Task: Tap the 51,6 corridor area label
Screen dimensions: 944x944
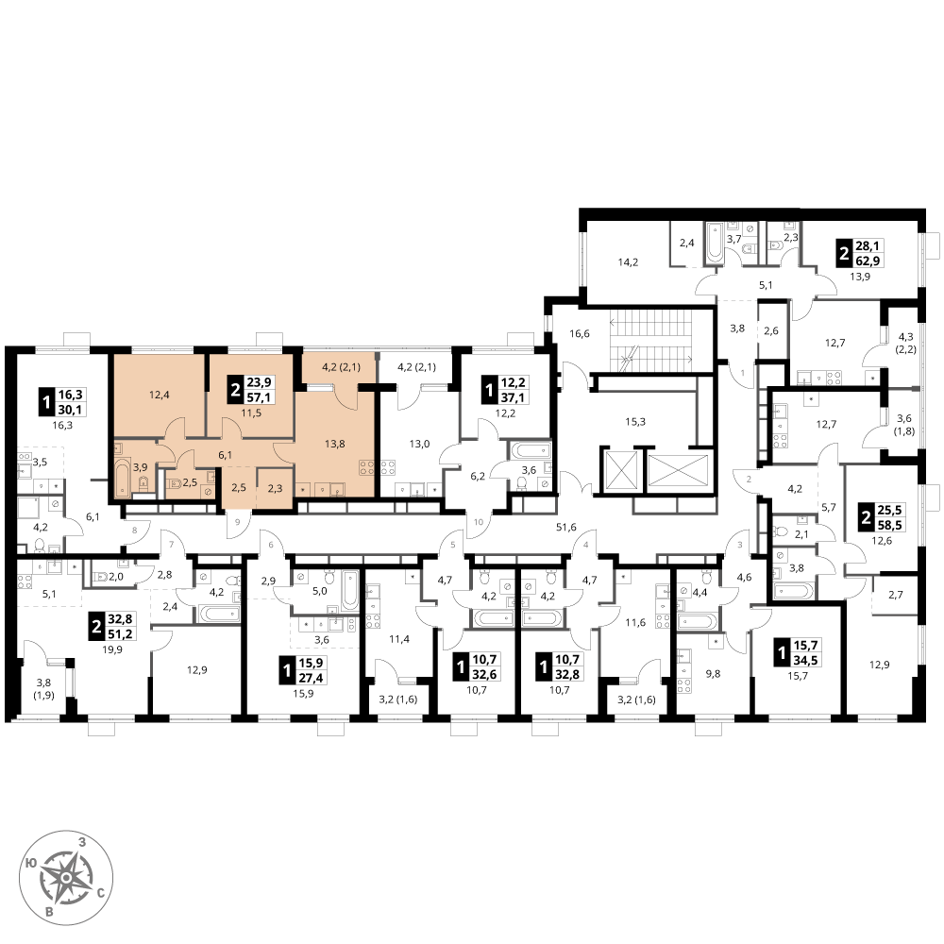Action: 565,528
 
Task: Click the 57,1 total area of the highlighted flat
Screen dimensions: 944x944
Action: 260,397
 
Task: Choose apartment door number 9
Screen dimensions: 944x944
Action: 238,522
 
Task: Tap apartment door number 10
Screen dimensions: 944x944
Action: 478,522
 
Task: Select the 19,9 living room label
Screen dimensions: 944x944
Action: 112,649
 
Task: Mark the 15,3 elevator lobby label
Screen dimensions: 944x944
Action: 635,422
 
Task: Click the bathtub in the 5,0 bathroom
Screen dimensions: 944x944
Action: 350,592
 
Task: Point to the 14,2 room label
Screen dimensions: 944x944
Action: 628,261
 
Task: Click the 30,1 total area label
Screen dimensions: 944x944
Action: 71,410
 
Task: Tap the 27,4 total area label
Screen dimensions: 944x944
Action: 312,678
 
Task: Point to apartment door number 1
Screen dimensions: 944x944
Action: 742,373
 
